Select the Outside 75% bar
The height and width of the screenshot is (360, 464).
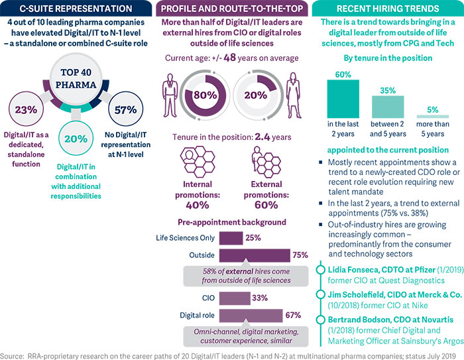click(254, 255)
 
